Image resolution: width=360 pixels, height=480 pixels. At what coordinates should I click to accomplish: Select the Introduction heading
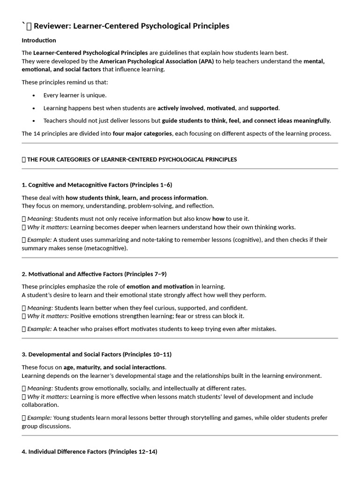[39, 40]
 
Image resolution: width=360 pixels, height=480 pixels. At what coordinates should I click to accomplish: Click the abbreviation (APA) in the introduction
[206, 61]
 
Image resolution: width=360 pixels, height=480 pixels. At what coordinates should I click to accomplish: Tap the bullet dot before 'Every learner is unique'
[34, 95]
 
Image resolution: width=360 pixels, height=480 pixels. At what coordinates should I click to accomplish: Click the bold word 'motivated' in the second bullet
[220, 108]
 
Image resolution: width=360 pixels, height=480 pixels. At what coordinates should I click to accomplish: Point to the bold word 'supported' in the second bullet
[264, 108]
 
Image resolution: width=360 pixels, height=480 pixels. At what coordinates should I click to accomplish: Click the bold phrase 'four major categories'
[142, 134]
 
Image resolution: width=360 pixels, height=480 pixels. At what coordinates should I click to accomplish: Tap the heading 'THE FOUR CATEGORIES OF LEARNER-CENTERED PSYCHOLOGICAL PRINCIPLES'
[132, 159]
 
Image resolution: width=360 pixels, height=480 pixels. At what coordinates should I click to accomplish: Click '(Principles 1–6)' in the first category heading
[148, 185]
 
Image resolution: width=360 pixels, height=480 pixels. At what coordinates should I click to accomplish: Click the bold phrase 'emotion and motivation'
[160, 286]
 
